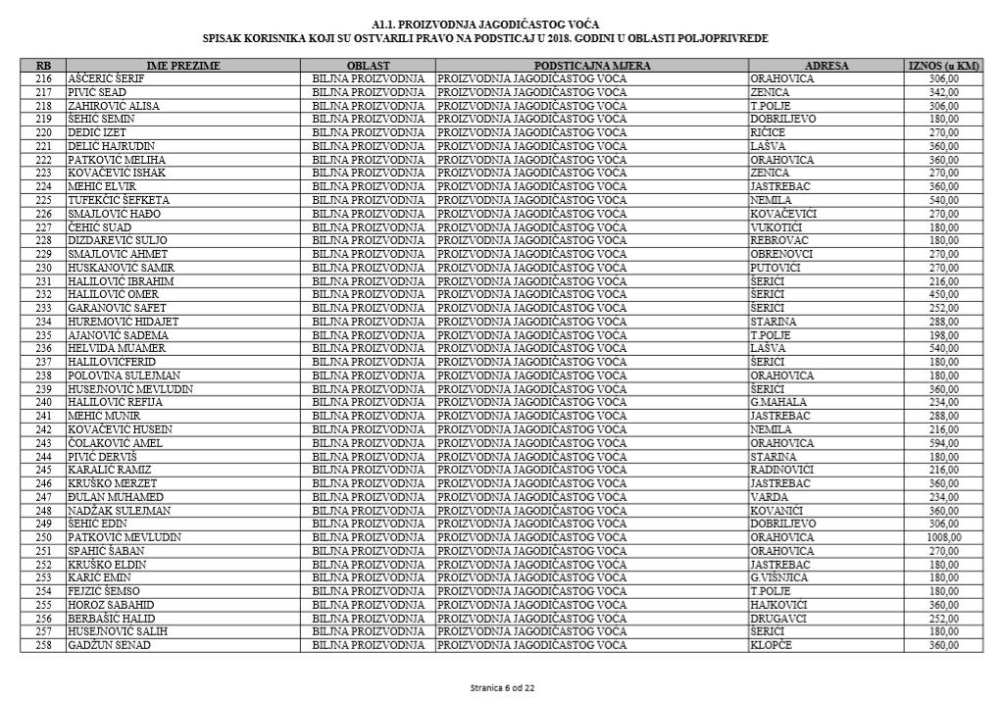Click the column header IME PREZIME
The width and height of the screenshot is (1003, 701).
(183, 66)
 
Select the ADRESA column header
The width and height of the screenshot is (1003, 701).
(827, 66)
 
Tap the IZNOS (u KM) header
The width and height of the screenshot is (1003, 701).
(944, 66)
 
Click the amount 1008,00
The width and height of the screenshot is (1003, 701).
(944, 537)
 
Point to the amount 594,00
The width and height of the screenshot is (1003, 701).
(944, 442)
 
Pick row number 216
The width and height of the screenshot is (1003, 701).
(43, 78)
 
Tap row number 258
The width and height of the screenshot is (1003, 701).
(43, 645)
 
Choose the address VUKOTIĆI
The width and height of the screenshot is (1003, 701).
(776, 226)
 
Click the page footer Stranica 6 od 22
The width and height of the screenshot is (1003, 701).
(501, 687)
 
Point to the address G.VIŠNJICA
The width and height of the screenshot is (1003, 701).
(779, 577)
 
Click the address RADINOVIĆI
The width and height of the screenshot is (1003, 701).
(781, 470)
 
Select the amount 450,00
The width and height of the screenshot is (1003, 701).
(944, 294)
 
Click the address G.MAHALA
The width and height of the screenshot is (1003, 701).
(776, 402)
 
